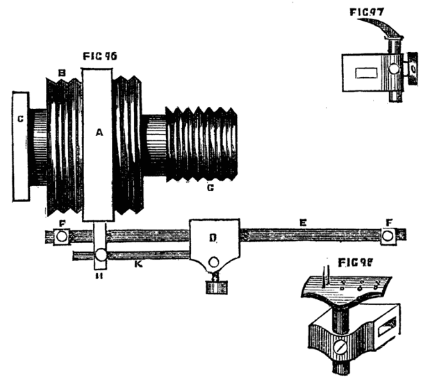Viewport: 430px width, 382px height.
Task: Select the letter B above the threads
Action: [63, 72]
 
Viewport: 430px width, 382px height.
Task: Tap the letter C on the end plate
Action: [21, 119]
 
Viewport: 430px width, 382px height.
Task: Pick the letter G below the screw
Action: [210, 188]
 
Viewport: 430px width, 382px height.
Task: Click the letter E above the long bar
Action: [301, 222]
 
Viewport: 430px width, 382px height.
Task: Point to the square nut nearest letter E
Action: [387, 236]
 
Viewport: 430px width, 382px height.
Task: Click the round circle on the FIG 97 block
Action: [394, 70]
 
